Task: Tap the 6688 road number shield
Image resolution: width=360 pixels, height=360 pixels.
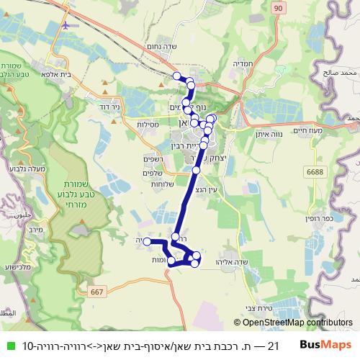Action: pyautogui.click(x=315, y=171)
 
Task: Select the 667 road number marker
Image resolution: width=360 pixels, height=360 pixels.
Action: pyautogui.click(x=99, y=292)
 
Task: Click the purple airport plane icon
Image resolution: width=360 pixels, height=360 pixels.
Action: pyautogui.click(x=68, y=24)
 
